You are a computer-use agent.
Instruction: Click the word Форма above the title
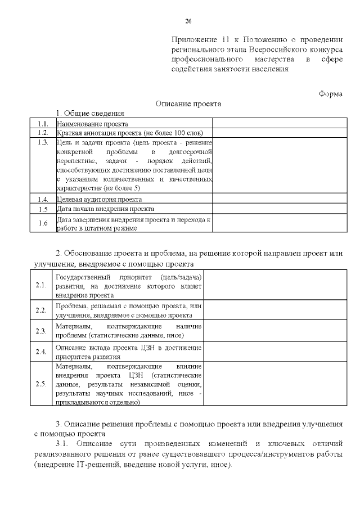[330, 93]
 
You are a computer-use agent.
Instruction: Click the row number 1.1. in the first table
[43, 124]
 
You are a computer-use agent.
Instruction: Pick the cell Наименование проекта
[93, 124]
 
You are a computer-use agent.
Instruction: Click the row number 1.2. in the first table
[43, 133]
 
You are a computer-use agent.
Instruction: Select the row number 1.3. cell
[43, 142]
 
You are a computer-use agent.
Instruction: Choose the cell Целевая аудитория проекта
[99, 199]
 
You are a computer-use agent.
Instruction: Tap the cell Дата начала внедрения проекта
[102, 209]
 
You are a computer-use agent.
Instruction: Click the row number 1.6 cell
[43, 223]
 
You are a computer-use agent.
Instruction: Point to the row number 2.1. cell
[40, 285]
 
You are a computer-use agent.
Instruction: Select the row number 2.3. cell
[40, 331]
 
